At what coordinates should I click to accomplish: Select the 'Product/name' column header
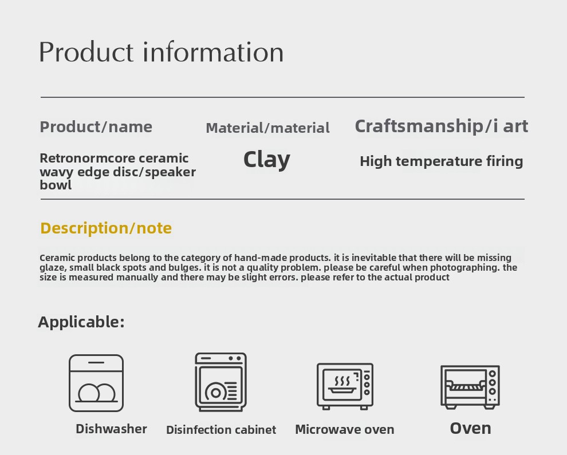pyautogui.click(x=96, y=127)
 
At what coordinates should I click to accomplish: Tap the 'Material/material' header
pyautogui.click(x=267, y=128)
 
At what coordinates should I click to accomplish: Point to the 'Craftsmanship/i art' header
pyautogui.click(x=442, y=126)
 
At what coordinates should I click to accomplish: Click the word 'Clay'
pyautogui.click(x=267, y=159)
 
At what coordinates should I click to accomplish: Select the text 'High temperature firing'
pyautogui.click(x=441, y=161)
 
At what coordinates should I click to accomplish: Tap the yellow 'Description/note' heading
pyautogui.click(x=106, y=228)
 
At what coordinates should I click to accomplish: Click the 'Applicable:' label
pyautogui.click(x=81, y=322)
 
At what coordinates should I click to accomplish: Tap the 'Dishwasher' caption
pyautogui.click(x=111, y=429)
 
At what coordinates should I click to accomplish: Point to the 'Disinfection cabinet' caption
pyautogui.click(x=221, y=430)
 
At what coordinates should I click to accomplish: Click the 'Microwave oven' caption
pyautogui.click(x=345, y=429)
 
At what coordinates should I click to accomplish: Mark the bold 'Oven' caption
pyautogui.click(x=470, y=429)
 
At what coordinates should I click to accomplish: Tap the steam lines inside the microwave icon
pyautogui.click(x=342, y=381)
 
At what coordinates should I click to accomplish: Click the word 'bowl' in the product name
pyautogui.click(x=56, y=185)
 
